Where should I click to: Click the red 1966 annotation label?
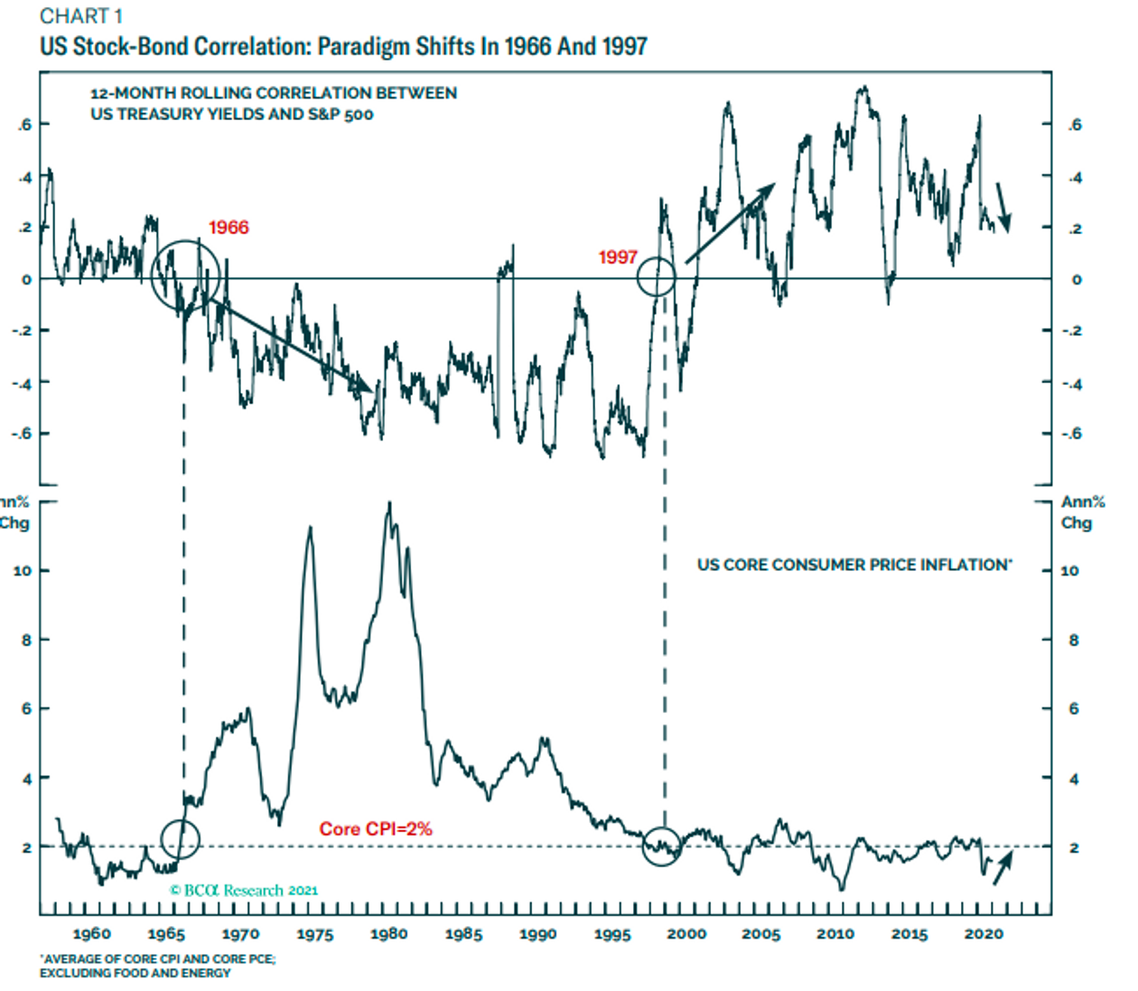coord(229,228)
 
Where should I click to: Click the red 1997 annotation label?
coord(618,257)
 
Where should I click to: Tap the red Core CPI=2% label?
coord(376,828)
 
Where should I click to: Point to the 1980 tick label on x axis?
coord(389,934)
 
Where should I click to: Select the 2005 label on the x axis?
coord(761,934)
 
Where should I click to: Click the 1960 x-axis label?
coord(92,934)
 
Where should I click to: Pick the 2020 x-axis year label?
coord(984,934)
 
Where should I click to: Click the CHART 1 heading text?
coord(81,16)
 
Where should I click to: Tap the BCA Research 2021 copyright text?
coord(244,890)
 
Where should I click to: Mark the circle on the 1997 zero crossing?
coord(657,276)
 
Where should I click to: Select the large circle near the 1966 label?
coord(185,275)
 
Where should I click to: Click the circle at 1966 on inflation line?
coord(180,839)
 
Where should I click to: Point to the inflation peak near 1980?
coord(389,504)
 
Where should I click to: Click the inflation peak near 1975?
coord(310,528)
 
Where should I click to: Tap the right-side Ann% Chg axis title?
coord(1082,512)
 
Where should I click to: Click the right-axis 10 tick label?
coord(1069,571)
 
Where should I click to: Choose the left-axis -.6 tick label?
coord(21,434)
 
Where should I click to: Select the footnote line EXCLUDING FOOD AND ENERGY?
coord(135,973)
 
